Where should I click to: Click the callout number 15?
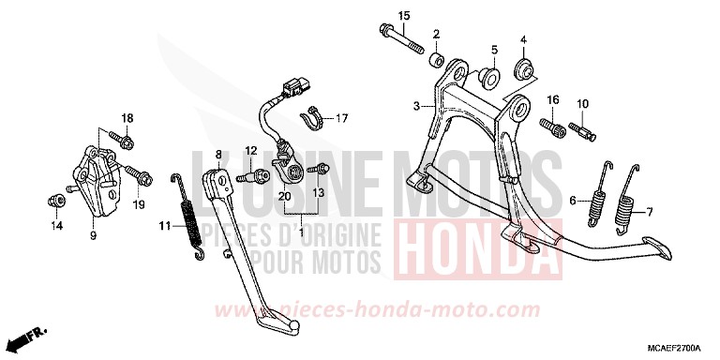point(404,16)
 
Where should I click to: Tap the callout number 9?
point(93,236)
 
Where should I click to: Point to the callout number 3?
point(416,106)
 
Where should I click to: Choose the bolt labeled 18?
point(127,141)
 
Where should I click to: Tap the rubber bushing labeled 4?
point(524,68)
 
